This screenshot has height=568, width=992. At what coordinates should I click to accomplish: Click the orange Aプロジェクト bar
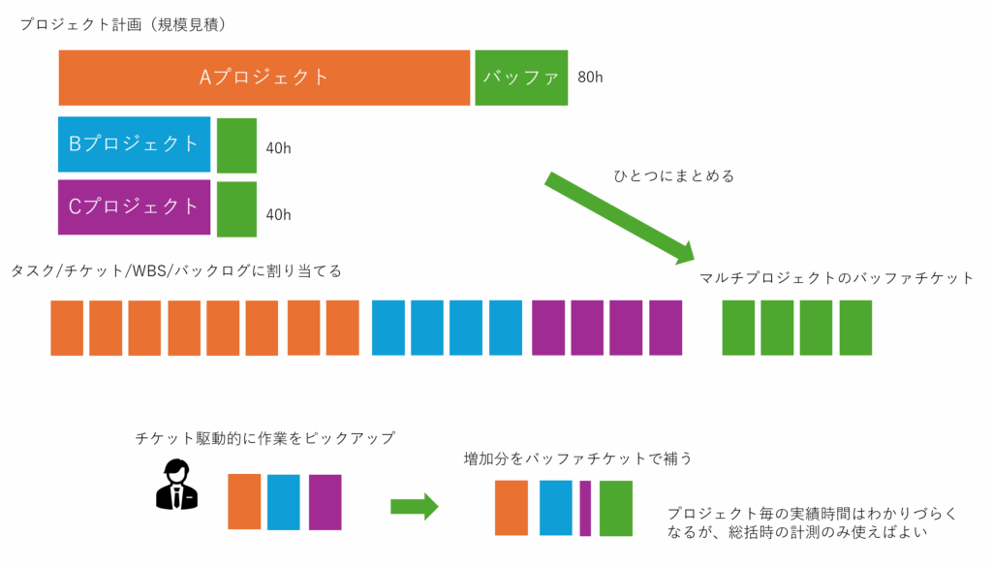point(263,78)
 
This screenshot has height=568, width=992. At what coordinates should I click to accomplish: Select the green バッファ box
point(521,78)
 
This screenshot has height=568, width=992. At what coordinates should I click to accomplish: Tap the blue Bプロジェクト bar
point(134,144)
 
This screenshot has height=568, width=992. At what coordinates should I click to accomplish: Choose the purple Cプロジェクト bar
point(134,206)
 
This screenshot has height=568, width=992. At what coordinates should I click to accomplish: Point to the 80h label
point(590,78)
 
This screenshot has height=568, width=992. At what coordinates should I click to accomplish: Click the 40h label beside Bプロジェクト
point(278,148)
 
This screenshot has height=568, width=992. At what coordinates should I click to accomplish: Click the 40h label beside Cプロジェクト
point(278,214)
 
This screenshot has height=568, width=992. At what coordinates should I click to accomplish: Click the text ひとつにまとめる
point(674,176)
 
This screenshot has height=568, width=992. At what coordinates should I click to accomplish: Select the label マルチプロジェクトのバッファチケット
point(836,279)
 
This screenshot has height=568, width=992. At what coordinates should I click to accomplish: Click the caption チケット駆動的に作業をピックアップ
point(265,438)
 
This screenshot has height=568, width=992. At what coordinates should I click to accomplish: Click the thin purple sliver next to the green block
point(585,508)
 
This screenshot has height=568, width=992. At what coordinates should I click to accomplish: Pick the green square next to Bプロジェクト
point(236,145)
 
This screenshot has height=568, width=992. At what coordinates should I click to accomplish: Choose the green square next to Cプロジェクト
point(236,208)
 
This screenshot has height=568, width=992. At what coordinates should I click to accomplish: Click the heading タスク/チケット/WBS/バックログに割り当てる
point(176,270)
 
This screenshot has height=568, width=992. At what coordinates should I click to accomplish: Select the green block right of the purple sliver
point(615,508)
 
